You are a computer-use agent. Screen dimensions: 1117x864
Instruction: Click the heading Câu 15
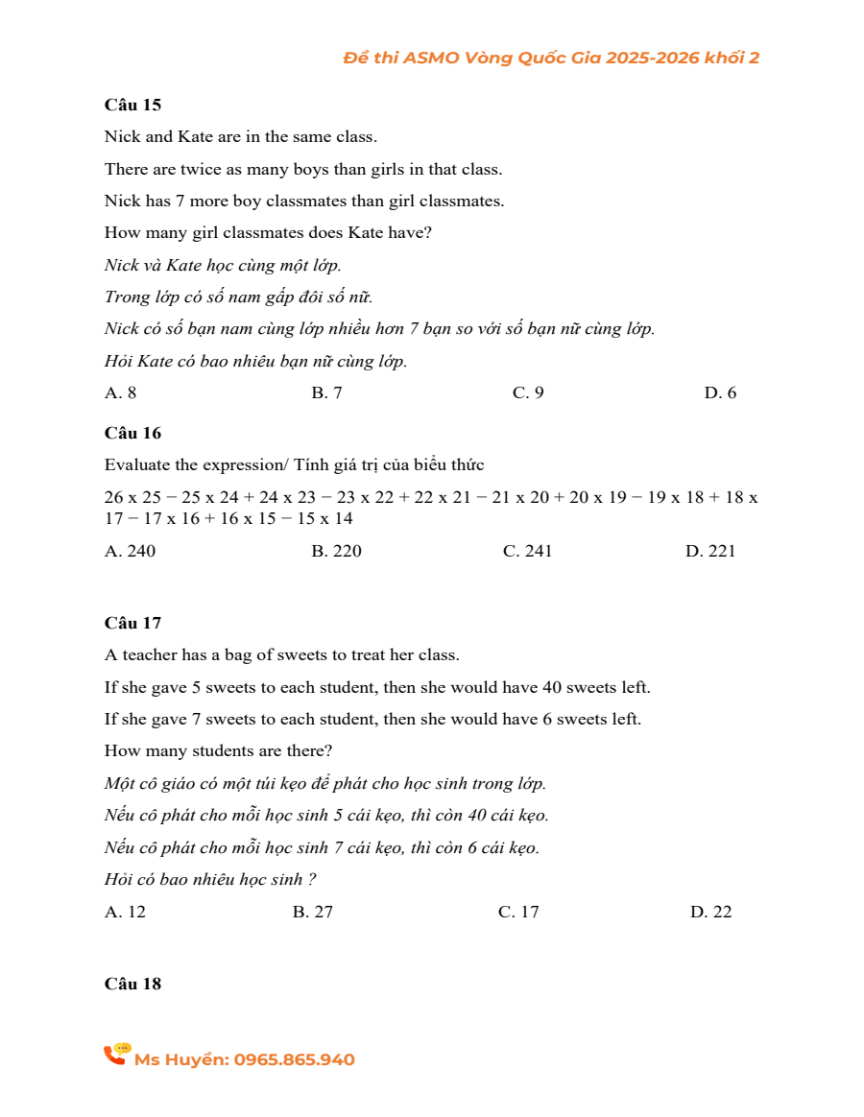132,105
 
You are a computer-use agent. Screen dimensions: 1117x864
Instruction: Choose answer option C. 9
528,392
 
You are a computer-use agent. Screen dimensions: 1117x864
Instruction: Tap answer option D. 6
720,392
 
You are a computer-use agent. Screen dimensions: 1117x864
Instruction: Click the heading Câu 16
132,433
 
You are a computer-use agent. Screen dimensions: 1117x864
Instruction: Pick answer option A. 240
130,551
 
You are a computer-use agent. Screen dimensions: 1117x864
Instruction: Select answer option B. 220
337,551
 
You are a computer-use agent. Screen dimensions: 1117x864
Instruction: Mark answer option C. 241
527,551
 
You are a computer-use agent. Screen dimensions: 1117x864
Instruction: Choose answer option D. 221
710,551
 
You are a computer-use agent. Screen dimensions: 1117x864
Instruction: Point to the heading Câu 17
132,623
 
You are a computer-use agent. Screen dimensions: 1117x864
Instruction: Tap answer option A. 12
125,912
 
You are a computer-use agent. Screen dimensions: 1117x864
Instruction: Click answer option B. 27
313,912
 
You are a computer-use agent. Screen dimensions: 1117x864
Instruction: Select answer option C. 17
518,912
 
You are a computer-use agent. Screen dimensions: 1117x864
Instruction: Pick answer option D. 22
710,912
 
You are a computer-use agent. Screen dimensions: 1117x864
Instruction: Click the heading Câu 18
132,984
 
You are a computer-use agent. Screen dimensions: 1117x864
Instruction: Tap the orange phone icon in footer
116,1055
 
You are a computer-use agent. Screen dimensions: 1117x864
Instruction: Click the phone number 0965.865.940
294,1059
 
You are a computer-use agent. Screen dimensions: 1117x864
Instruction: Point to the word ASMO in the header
431,58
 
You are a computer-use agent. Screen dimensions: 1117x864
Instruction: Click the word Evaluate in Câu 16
137,465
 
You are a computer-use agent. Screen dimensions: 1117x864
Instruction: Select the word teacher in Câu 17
147,655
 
